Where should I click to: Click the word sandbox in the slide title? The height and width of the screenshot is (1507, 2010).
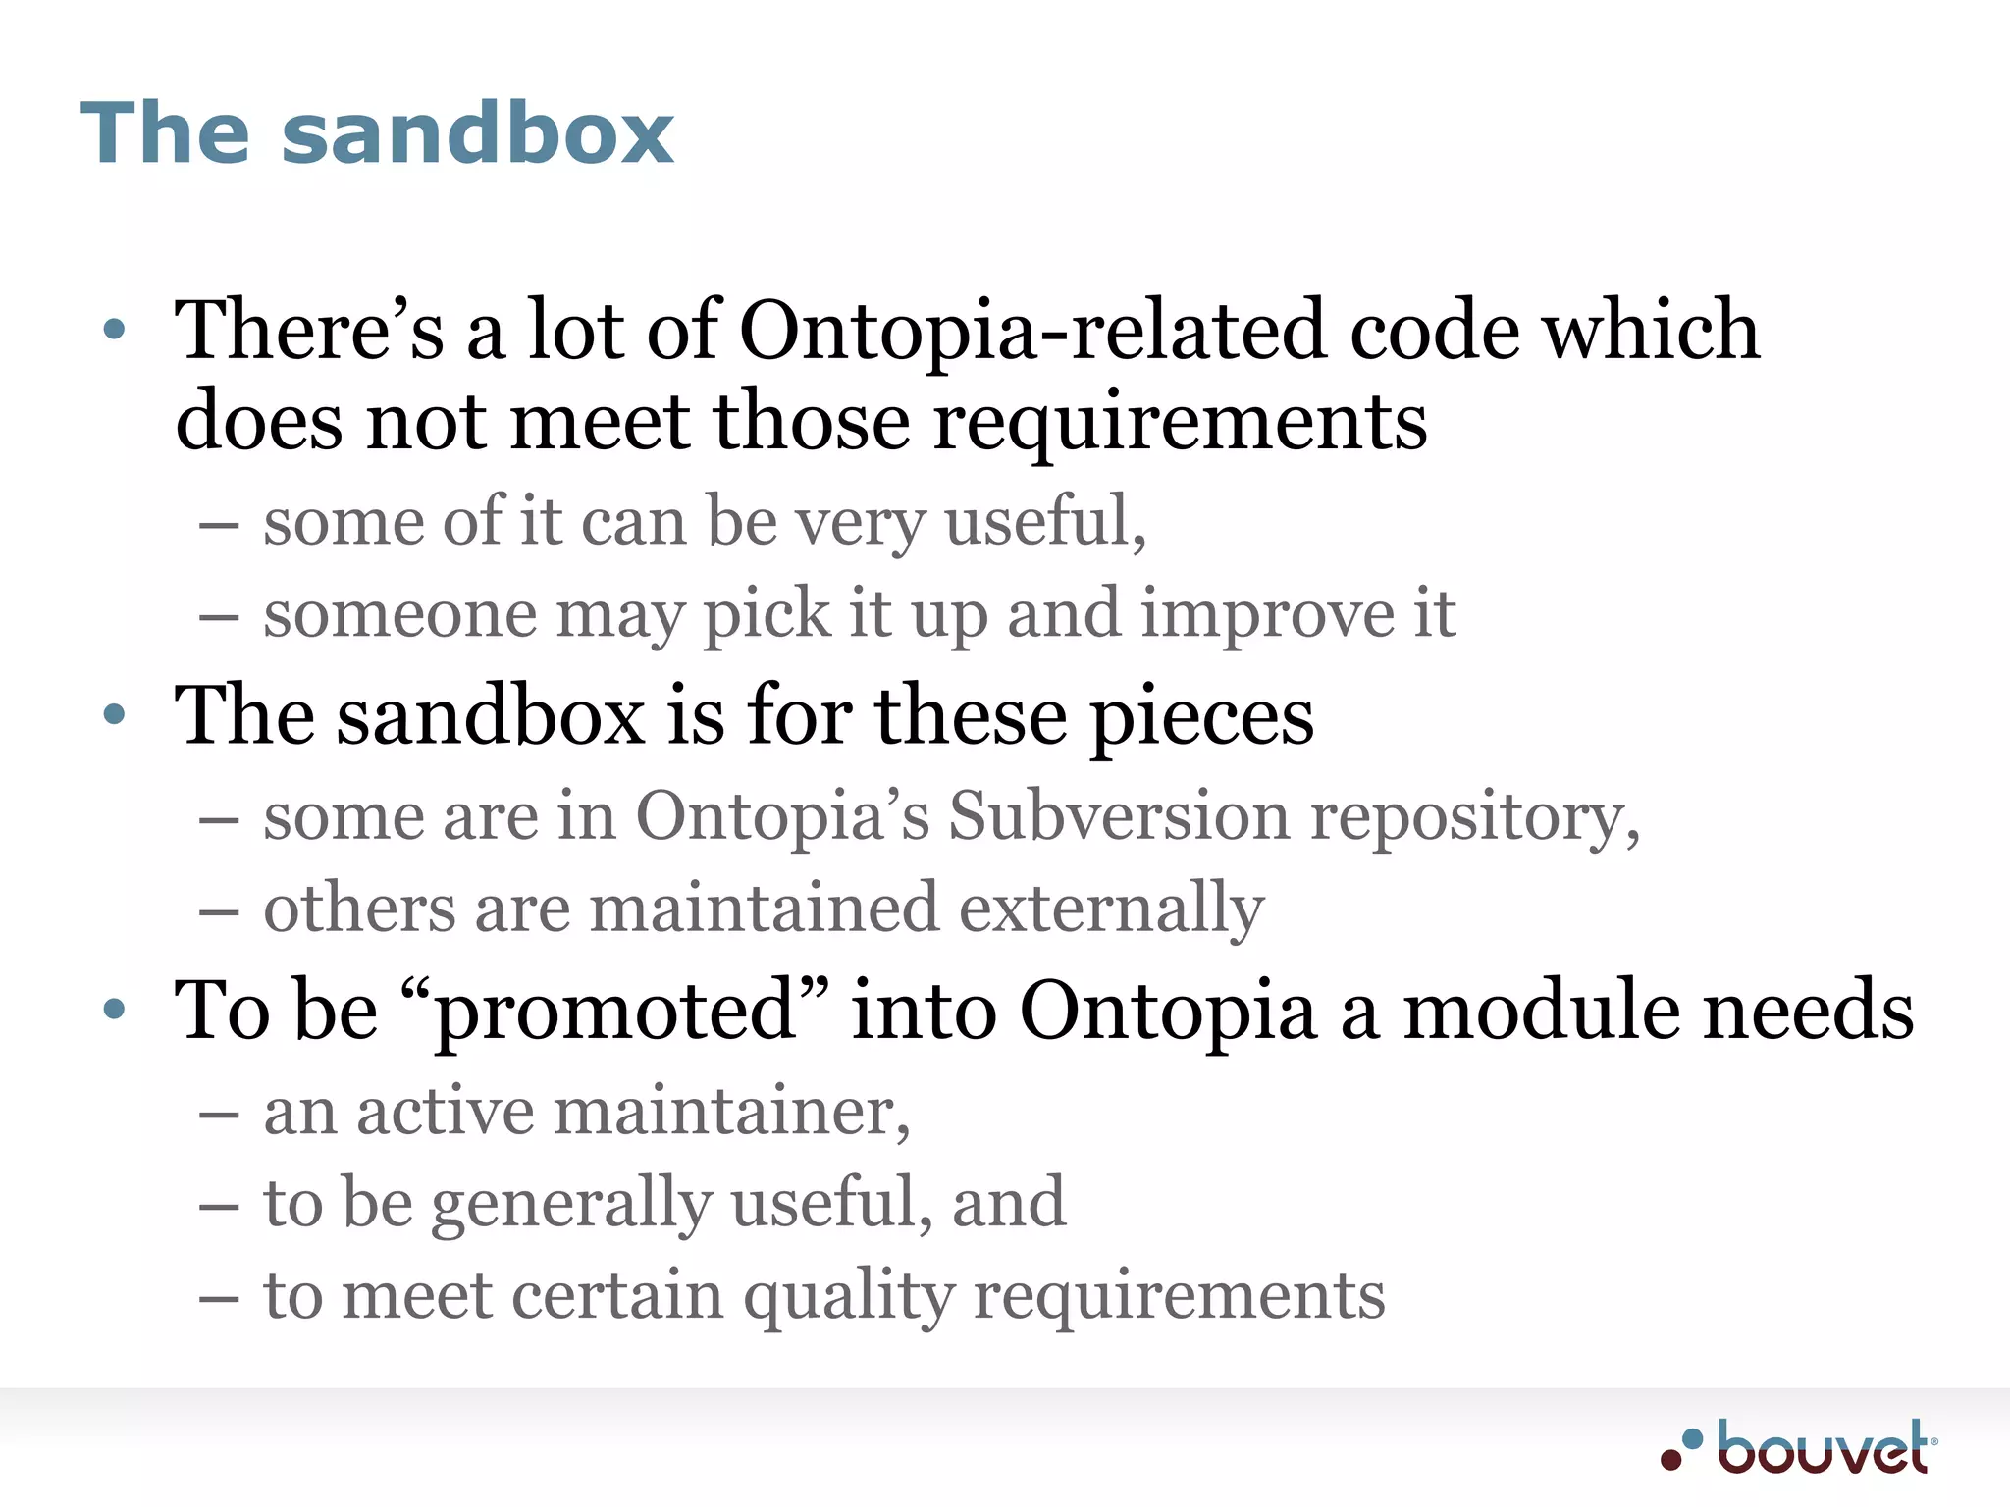[477, 133]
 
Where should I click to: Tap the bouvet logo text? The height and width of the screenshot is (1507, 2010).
[1822, 1448]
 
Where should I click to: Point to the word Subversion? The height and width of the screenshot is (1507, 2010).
[1119, 815]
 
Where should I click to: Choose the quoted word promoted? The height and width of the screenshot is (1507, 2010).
[614, 1011]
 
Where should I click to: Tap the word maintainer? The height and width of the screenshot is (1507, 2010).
[732, 1113]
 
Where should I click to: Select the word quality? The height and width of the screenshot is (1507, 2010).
[848, 1297]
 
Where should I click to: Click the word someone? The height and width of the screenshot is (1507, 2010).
[399, 615]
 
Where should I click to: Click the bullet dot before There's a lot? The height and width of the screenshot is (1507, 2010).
[115, 330]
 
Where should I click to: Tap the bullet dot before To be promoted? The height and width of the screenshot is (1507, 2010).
[115, 1009]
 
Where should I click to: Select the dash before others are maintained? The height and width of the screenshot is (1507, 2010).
[218, 911]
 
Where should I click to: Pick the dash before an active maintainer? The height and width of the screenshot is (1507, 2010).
[218, 1115]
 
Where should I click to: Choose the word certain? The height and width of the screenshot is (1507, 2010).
[617, 1297]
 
